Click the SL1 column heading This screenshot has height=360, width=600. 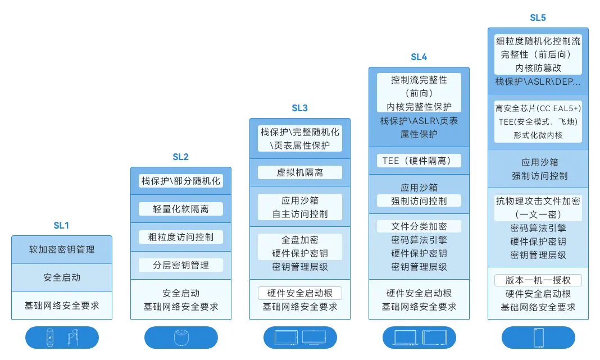[61, 225]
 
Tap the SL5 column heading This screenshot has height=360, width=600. [538, 17]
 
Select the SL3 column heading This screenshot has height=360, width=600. [299, 108]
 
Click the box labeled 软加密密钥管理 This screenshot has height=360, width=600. [62, 249]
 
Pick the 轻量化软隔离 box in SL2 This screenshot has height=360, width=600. [181, 209]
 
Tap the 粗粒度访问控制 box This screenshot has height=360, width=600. [181, 237]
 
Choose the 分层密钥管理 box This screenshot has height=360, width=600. [181, 265]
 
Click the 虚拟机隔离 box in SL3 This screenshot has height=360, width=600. [299, 172]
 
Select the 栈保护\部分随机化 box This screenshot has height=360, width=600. [181, 181]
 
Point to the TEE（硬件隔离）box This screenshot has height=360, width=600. [419, 161]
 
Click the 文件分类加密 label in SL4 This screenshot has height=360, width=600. [419, 226]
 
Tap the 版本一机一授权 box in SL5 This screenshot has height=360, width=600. [538, 280]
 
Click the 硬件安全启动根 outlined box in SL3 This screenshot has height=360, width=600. [299, 293]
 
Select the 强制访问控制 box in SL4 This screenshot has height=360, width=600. [419, 201]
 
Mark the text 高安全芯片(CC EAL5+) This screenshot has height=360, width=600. [538, 108]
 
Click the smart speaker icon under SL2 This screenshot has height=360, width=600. [181, 338]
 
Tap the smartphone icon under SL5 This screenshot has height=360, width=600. [538, 338]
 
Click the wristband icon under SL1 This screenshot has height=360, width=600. [51, 338]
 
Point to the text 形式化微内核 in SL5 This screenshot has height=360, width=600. [538, 135]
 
